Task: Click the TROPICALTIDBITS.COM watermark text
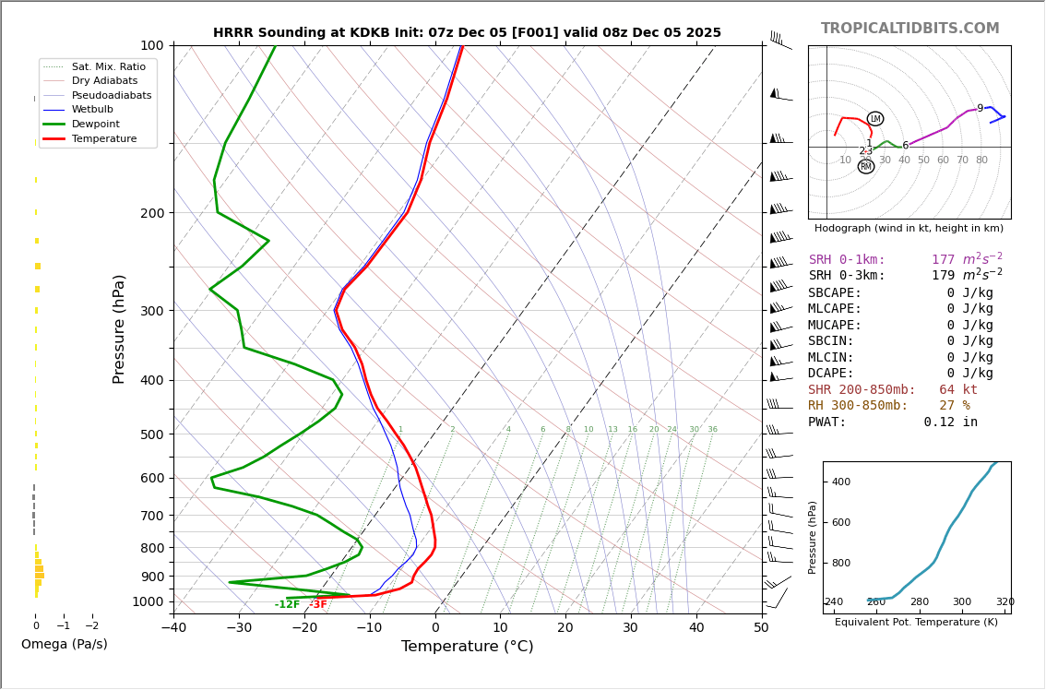(x=909, y=29)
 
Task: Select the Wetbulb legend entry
(x=92, y=109)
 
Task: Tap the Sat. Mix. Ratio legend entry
(x=108, y=66)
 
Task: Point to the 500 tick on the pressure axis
(x=151, y=434)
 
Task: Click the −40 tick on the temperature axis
(x=173, y=628)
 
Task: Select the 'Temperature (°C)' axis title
(x=467, y=647)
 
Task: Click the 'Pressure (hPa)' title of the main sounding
(x=119, y=328)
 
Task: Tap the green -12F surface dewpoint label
(x=287, y=604)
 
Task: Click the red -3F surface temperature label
(x=318, y=604)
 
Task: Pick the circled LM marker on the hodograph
(x=875, y=119)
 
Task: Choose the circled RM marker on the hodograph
(x=865, y=167)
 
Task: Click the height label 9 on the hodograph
(x=980, y=109)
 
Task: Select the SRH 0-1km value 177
(x=943, y=260)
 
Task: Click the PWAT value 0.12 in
(x=950, y=422)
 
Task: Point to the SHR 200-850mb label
(x=862, y=390)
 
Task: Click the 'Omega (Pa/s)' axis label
(x=64, y=644)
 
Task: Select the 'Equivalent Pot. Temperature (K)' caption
(x=916, y=623)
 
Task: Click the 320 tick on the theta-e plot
(x=1004, y=602)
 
